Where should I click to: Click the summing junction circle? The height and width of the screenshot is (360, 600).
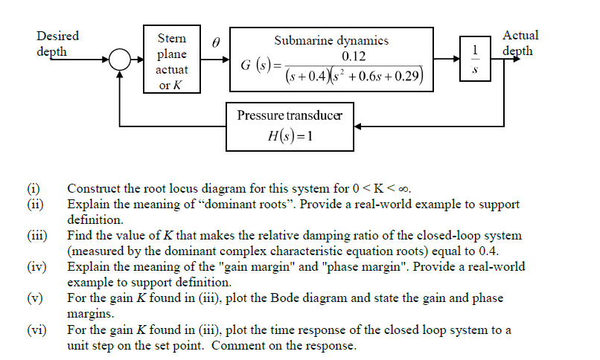[121, 60]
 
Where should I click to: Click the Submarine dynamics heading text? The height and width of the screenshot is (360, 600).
[331, 41]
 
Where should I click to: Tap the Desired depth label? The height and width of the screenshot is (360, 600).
[57, 43]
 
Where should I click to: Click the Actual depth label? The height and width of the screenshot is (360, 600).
[520, 43]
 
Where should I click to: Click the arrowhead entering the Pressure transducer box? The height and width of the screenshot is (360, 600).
[358, 126]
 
